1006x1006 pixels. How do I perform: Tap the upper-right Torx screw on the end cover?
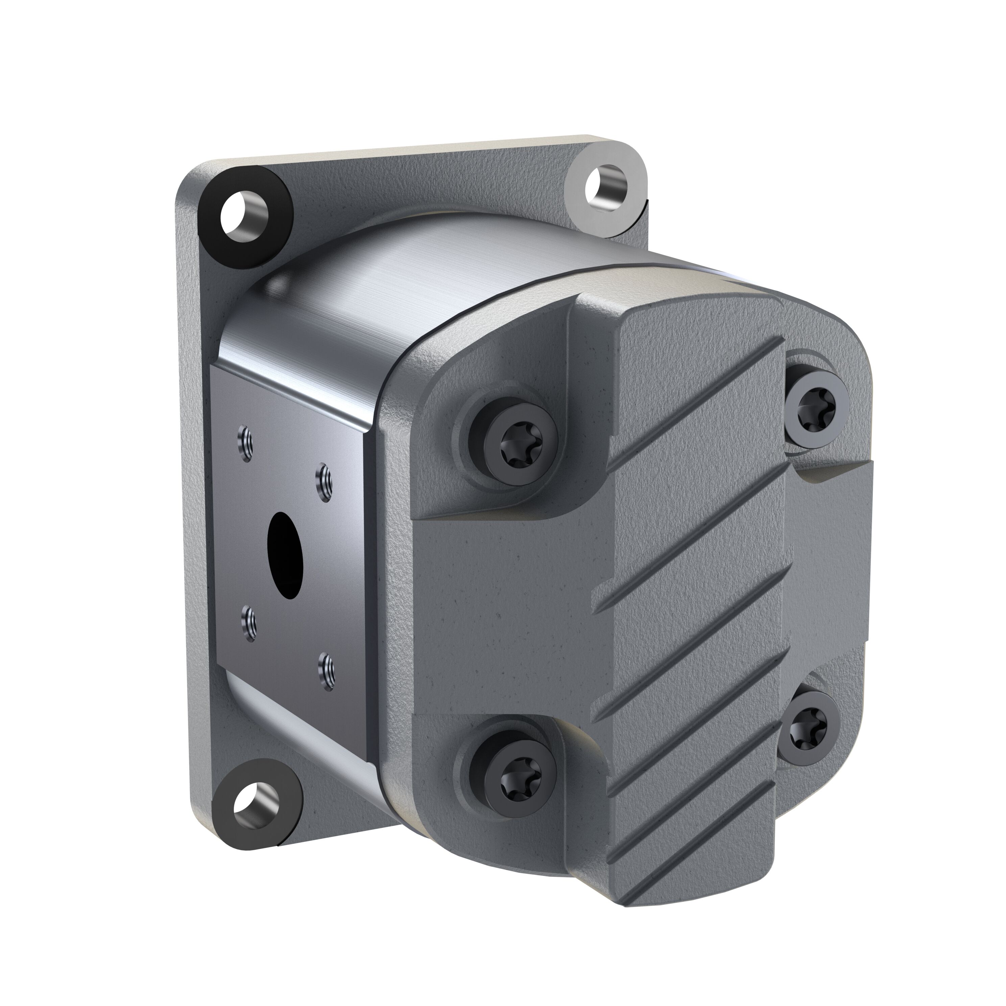[x=810, y=402]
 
